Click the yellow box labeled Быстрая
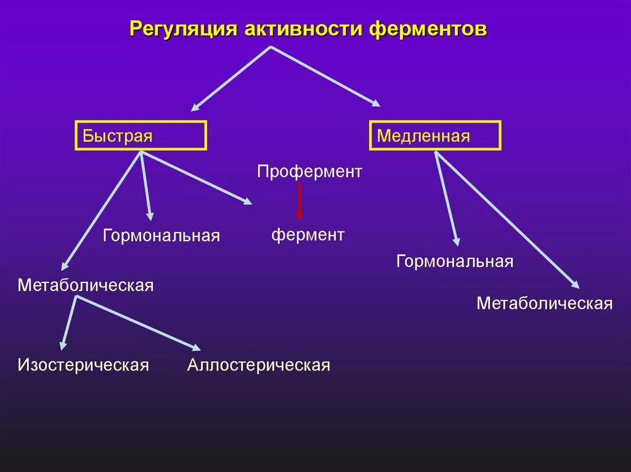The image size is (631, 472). coord(140,135)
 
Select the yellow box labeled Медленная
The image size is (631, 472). coord(435,135)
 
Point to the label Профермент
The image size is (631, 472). coord(309,172)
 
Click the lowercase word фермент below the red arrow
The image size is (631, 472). coord(308,234)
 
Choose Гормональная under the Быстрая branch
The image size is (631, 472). coord(161,236)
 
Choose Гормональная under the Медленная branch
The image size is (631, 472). coord(455,262)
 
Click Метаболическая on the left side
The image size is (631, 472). coord(86,286)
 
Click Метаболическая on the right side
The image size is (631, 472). coord(544,303)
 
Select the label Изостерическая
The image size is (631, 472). coord(83,365)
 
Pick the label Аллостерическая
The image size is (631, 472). coord(259,365)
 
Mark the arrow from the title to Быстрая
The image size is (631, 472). coord(231,78)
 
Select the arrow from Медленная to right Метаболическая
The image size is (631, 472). coord(507,220)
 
